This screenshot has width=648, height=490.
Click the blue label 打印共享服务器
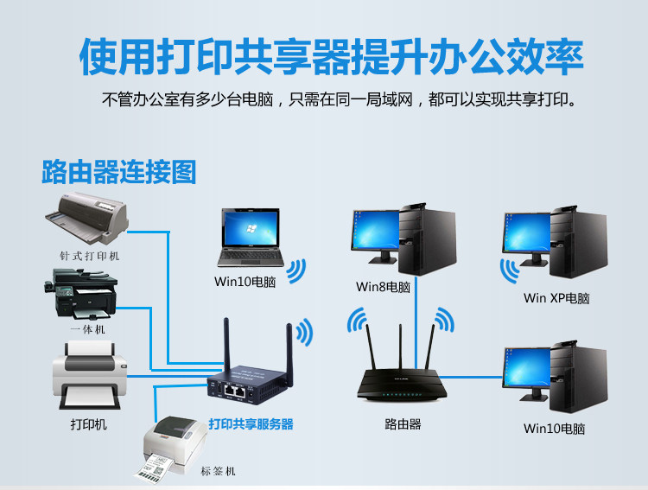(251, 424)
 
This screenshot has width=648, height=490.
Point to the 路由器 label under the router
(403, 424)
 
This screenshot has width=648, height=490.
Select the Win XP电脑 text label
(556, 298)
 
